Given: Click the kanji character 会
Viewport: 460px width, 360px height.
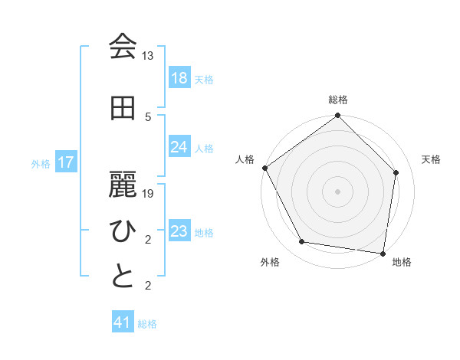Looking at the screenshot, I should [123, 47].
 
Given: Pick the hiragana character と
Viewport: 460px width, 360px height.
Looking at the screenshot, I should [123, 277].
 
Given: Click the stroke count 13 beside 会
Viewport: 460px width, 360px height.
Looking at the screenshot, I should [148, 56].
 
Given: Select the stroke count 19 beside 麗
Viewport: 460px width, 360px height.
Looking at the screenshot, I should [148, 194].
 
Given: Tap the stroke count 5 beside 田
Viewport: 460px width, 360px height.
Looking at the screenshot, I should [148, 116].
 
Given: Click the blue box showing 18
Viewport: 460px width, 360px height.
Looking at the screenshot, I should [179, 78].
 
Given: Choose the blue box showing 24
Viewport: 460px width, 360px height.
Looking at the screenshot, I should [179, 147].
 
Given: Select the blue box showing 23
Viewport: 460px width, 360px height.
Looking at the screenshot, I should [179, 231].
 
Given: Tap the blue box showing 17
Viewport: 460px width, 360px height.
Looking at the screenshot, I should [66, 162].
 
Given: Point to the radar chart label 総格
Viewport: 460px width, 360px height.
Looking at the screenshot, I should [338, 100].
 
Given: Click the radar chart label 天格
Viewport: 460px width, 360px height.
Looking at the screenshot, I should [432, 159].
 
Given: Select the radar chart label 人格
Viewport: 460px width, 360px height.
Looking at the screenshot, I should [245, 159].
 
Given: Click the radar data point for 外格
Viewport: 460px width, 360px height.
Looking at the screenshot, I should [302, 242].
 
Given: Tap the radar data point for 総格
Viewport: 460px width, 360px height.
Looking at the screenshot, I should [338, 116].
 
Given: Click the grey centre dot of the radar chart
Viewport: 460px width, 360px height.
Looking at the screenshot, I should [338, 191].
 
